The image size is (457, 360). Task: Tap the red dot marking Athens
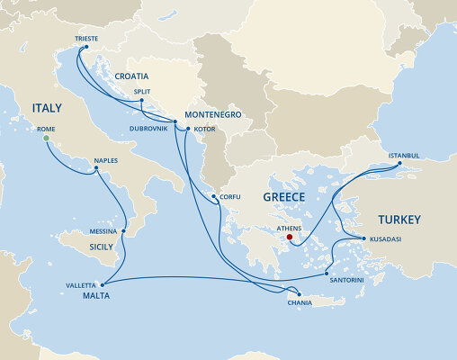pos(290,238)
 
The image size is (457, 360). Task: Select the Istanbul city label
pos(404,155)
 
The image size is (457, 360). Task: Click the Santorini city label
pos(346,280)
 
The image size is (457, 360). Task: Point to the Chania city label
pos(300,302)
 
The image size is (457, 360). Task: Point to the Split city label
pos(141,92)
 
